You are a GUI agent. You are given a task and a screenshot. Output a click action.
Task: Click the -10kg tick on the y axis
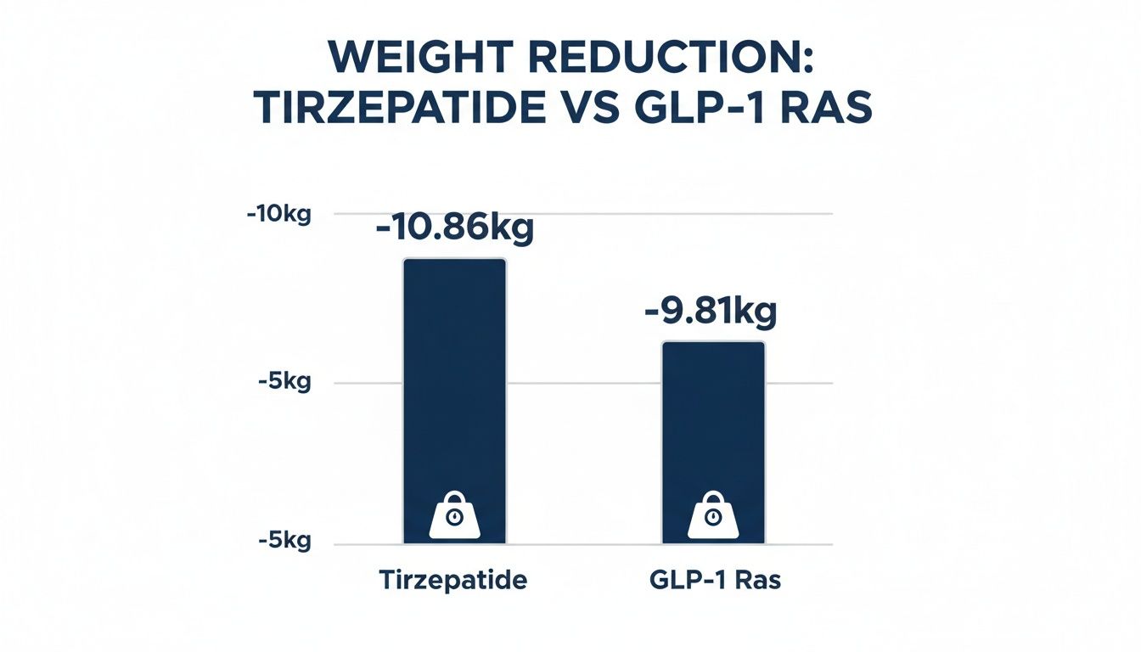click(x=279, y=214)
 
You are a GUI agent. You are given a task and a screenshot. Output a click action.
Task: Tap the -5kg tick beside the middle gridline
click(x=284, y=382)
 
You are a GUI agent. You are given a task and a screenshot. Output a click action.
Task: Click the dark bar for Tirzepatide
click(x=454, y=382)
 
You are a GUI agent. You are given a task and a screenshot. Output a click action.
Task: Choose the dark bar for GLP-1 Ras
click(x=713, y=424)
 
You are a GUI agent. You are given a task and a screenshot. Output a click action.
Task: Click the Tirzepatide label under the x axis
click(x=452, y=582)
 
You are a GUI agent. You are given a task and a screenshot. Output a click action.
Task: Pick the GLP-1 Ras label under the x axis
click(x=712, y=582)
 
